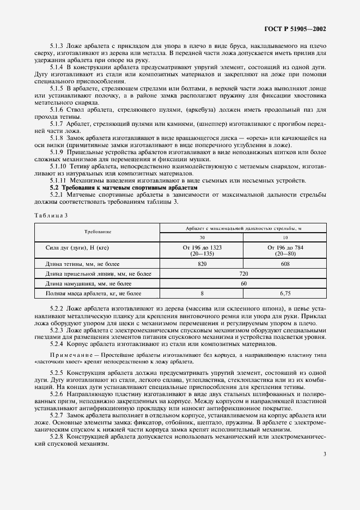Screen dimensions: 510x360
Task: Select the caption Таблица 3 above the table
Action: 50,215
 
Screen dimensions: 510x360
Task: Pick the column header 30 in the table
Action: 202,238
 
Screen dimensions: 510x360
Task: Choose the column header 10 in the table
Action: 284,238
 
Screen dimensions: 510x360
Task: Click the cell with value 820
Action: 202,263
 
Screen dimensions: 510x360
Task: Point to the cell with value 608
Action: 284,263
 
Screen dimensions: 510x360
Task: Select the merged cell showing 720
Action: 243,274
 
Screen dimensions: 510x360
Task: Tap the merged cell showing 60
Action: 243,283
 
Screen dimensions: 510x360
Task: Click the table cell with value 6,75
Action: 284,294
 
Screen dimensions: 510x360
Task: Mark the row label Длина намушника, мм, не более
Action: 89,283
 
